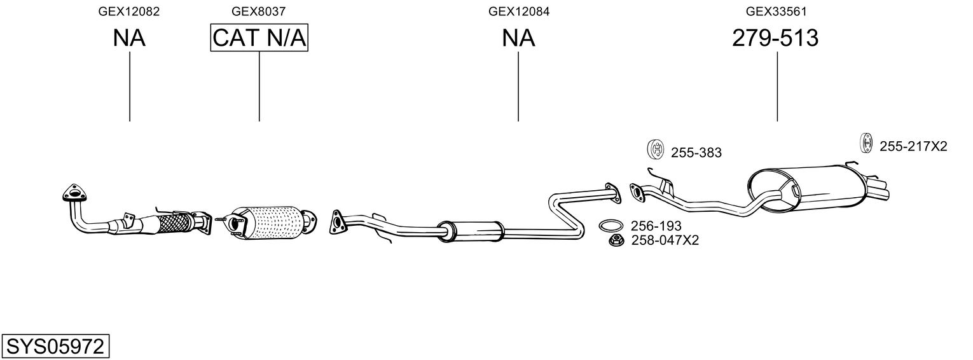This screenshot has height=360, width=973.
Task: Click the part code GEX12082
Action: coord(129,11)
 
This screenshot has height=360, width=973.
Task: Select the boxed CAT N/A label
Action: coord(259,39)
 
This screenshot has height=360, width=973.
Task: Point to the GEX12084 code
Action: coord(518,11)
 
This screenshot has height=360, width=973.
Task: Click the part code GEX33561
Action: coord(776,11)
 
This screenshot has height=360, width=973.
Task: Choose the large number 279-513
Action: coord(775,39)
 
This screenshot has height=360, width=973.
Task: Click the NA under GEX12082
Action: coord(129,39)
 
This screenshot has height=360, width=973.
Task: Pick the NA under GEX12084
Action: coord(518,39)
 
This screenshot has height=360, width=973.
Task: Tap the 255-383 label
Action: coord(696,153)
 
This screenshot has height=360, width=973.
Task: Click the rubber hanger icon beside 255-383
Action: coord(654,149)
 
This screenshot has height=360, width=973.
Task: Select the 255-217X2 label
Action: coord(913,147)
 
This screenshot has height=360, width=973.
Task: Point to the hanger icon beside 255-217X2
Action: coord(865,143)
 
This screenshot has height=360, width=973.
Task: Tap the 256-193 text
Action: coord(656,226)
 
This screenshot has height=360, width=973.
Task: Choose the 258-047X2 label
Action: coord(665,240)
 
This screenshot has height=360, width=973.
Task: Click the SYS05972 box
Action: coord(55,347)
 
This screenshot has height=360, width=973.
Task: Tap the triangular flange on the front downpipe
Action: coord(75,192)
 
